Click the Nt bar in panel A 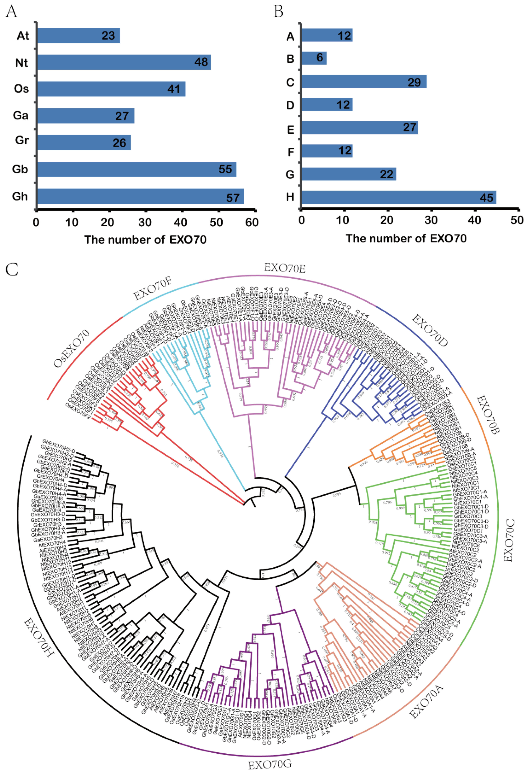[124, 62]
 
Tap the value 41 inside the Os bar [174, 89]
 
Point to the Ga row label [21, 115]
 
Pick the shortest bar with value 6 [314, 58]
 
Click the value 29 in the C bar [414, 82]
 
